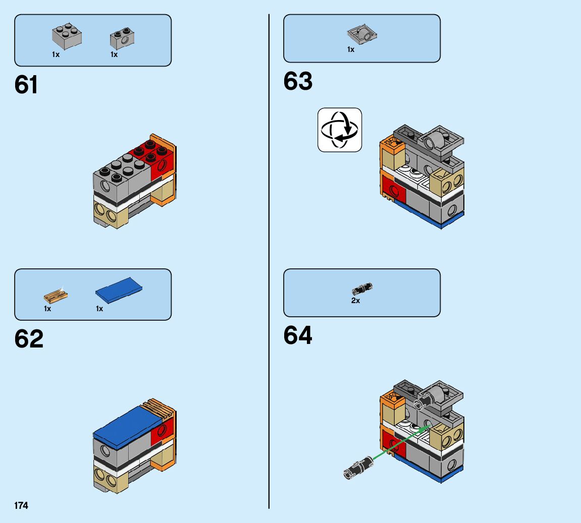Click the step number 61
pos(26,85)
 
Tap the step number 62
pos(29,339)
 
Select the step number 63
pos(298,81)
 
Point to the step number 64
pos(298,335)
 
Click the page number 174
pos(21,505)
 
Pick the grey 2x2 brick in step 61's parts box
pos(67,37)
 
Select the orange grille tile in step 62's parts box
pos(56,295)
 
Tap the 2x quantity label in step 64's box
pos(356,301)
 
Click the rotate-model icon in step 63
pos(340,130)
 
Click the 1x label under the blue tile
pos(99,309)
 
